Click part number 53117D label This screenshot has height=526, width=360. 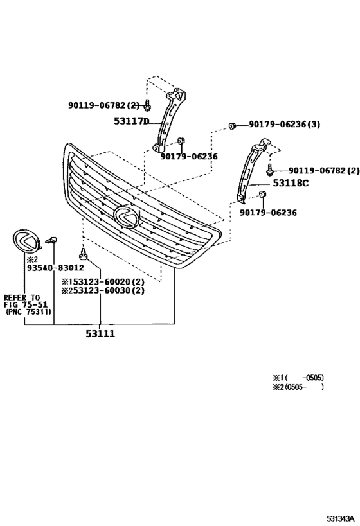click(x=131, y=121)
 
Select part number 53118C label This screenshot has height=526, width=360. click(x=291, y=183)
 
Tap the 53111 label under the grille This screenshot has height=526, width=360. click(x=101, y=334)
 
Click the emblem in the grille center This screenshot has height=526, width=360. click(x=126, y=217)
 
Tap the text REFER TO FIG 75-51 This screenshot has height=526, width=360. click(x=26, y=301)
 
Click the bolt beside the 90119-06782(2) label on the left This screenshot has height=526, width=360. click(x=148, y=103)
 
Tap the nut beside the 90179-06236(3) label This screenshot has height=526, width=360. click(x=235, y=125)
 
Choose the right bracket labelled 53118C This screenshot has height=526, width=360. click(x=251, y=170)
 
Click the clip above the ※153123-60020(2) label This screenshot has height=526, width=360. click(x=83, y=252)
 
